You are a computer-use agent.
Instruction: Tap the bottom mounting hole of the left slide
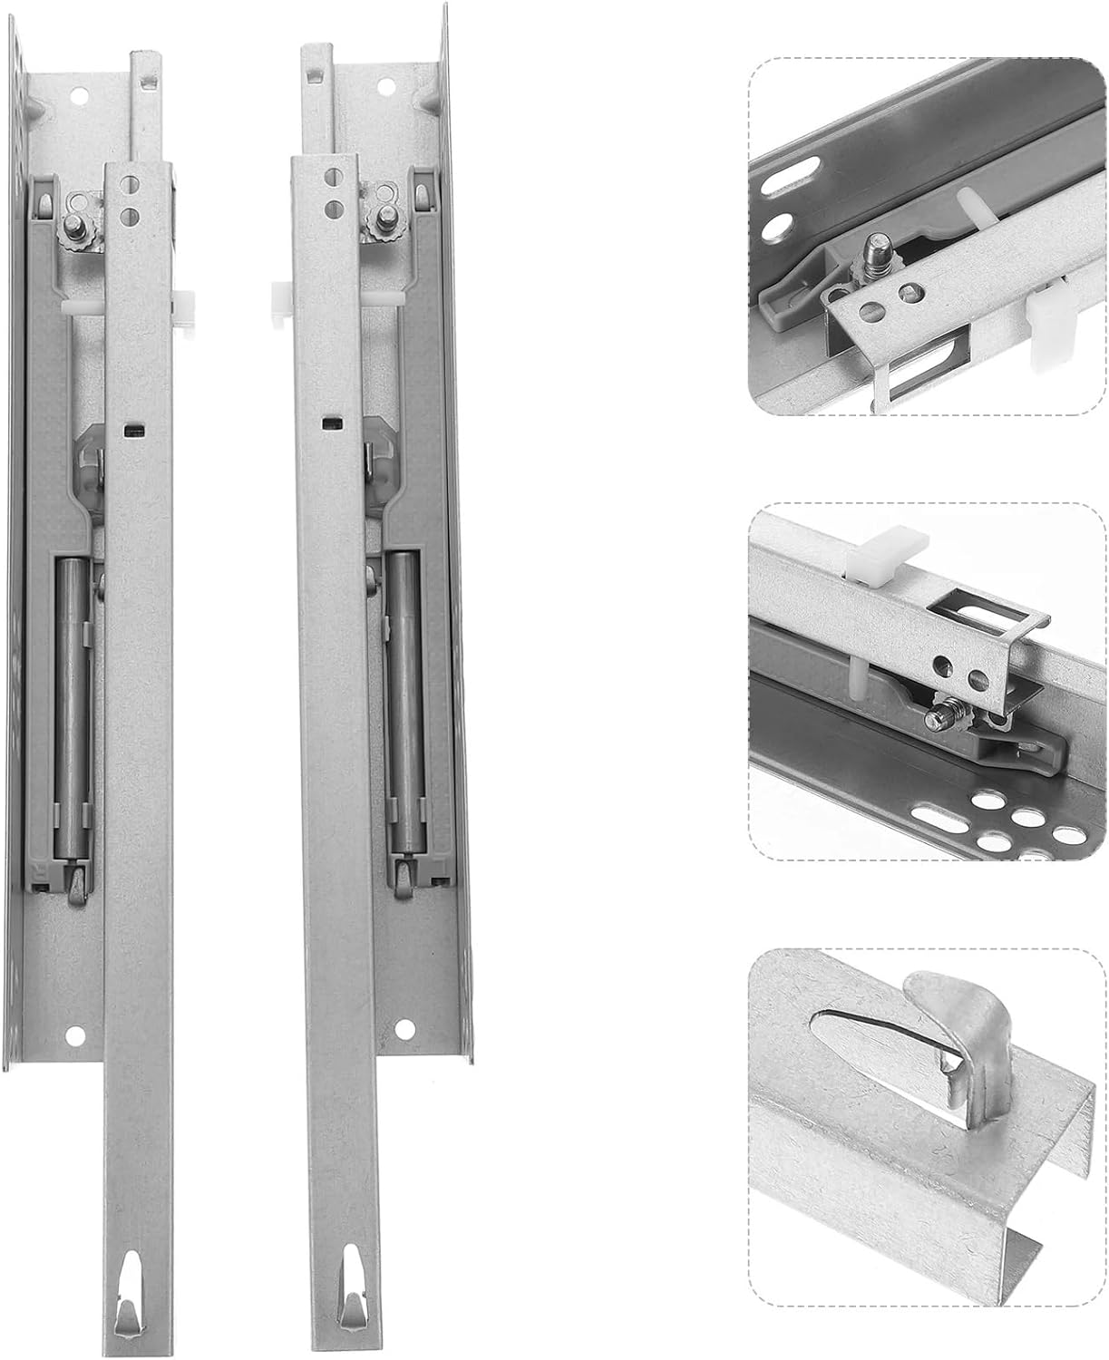(75, 1030)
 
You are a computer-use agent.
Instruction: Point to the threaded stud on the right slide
(384, 215)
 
